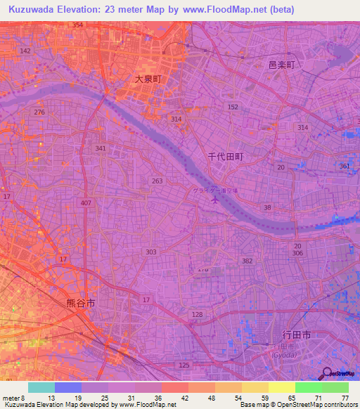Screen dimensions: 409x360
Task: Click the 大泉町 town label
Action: click(x=148, y=79)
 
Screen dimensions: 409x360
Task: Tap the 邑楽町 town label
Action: click(x=284, y=64)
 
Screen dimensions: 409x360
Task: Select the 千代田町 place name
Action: click(x=226, y=157)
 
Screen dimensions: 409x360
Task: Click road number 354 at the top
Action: click(x=77, y=25)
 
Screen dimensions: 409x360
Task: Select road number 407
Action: click(x=86, y=203)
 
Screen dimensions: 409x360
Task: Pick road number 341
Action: click(x=101, y=148)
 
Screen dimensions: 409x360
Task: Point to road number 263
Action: click(x=157, y=181)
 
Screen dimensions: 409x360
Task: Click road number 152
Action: click(x=233, y=107)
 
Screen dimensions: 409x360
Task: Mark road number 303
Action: click(x=151, y=252)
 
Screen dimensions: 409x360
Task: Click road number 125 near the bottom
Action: click(x=185, y=365)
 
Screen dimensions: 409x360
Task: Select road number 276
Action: click(x=39, y=112)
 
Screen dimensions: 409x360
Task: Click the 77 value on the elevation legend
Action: click(x=345, y=398)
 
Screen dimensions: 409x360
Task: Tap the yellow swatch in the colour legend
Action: click(x=282, y=387)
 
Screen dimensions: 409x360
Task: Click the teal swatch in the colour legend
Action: click(x=41, y=387)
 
